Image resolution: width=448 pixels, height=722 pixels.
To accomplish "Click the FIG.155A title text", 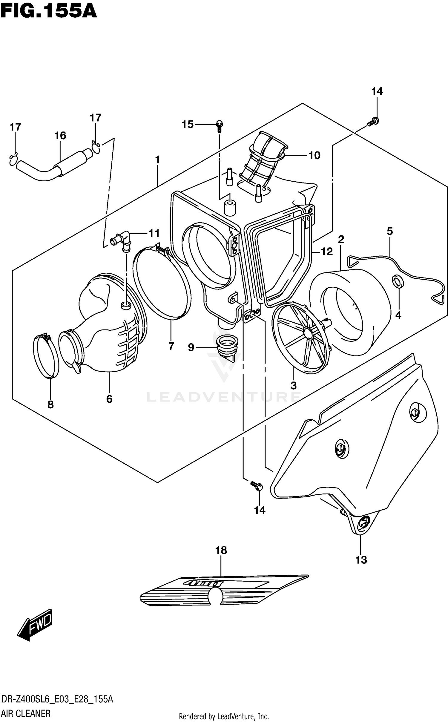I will pos(49,11).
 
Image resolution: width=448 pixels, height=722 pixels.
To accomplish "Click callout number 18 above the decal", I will pos(221,550).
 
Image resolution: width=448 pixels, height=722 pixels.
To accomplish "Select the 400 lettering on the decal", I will pos(204,583).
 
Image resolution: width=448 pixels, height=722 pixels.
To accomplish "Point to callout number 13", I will pos(361,560).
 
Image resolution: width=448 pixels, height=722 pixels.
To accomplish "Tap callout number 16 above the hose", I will pos(60,136).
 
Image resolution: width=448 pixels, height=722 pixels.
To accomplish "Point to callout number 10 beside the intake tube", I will pos(314,155).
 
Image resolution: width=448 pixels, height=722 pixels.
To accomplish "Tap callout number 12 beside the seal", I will pos(327,252).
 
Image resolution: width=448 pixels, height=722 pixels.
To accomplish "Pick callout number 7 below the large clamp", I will pos(171,346).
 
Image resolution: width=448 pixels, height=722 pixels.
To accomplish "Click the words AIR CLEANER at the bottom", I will pos(26,714).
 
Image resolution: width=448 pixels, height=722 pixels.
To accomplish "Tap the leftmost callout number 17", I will pos(15,127).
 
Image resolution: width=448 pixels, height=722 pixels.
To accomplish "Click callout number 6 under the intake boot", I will pos(109,399).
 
